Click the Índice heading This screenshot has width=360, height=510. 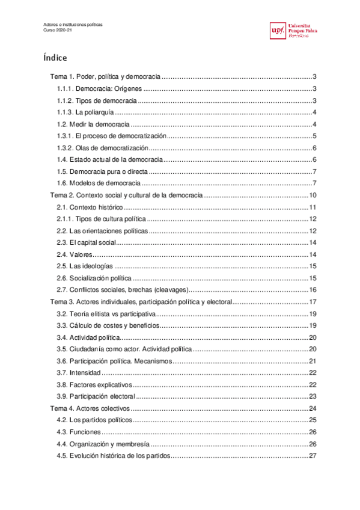point(55,58)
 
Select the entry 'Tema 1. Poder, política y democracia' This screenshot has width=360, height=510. point(105,77)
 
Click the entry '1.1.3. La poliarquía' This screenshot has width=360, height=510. point(85,112)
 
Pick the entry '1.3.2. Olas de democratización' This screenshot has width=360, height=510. point(102,148)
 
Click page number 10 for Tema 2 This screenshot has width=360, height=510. point(313,195)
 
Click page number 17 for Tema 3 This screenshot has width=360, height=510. point(313,302)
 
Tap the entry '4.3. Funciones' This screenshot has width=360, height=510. point(78,432)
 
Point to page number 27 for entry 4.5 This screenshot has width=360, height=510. point(313,455)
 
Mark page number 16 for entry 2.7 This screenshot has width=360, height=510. point(313,290)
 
